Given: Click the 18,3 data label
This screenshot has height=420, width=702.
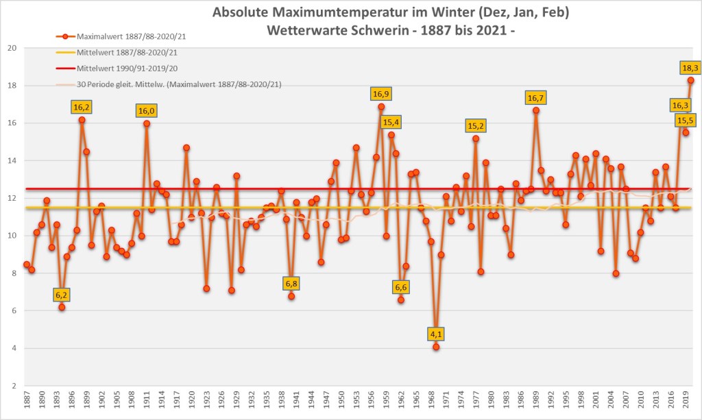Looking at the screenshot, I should (690, 68).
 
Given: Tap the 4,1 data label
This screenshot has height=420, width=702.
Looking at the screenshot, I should (436, 334).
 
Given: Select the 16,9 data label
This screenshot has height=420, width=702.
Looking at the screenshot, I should (381, 94).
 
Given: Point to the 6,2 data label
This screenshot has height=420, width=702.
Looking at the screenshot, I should (62, 295).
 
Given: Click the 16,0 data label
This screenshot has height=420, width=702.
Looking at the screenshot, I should (147, 111).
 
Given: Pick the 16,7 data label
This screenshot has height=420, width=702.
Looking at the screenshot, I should (536, 98).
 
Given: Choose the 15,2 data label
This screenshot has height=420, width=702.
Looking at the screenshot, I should (476, 126).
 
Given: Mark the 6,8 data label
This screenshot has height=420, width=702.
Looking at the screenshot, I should (291, 284).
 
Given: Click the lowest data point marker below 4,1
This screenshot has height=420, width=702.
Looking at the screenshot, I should (436, 347).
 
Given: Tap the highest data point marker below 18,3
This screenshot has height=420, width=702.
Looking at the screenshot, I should (691, 80).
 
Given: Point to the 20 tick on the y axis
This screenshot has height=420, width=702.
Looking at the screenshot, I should (12, 48).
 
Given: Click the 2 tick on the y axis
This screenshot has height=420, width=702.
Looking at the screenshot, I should (14, 386).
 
